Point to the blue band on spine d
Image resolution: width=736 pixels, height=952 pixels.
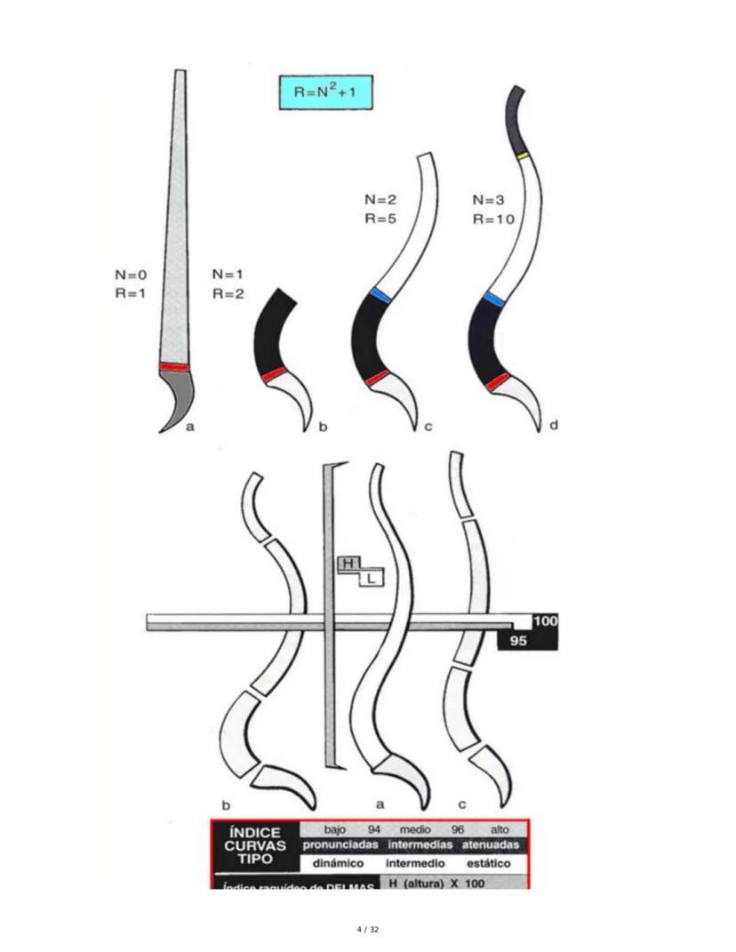click(x=494, y=300)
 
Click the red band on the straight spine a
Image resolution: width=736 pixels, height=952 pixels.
click(x=174, y=366)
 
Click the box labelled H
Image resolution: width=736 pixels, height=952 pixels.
click(x=348, y=564)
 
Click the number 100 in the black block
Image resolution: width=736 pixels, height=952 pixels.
click(x=544, y=621)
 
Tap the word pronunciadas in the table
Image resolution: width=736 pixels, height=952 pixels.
click(x=339, y=844)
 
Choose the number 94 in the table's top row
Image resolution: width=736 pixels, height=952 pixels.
click(x=374, y=829)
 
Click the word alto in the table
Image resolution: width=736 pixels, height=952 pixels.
click(x=499, y=829)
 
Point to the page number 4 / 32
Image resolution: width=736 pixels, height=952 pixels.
click(x=367, y=930)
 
